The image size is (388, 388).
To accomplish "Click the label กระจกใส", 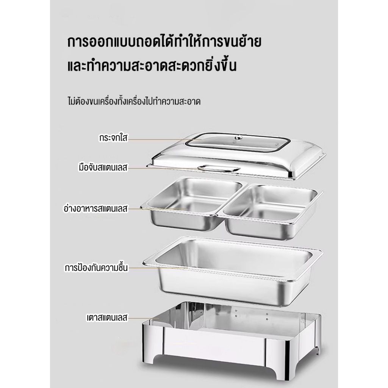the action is (113, 138).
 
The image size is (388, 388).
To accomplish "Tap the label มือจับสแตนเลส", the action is (103, 167).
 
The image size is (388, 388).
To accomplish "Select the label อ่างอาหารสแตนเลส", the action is (96, 208).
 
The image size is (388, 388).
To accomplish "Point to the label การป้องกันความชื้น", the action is (96, 268).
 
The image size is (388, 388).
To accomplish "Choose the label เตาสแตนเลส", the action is (107, 318).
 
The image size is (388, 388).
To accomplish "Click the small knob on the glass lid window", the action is (239, 137).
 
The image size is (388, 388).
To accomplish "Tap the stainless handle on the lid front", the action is (219, 169).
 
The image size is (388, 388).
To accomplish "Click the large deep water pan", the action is (233, 271).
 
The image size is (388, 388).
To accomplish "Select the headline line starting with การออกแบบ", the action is (164, 42).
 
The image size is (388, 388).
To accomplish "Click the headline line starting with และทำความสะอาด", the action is (152, 65).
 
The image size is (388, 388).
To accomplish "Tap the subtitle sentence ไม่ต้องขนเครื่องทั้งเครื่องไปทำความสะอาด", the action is (134, 102).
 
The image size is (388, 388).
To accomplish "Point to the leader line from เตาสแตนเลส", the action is (144, 318).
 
